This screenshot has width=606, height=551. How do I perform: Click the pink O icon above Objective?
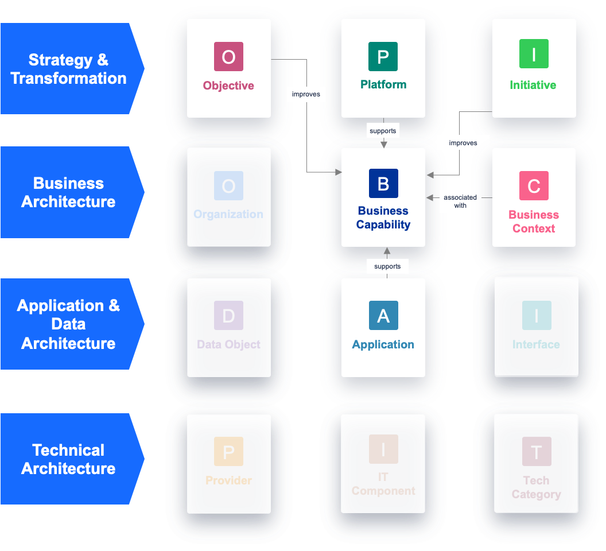click(228, 56)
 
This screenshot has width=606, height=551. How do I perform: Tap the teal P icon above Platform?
click(383, 56)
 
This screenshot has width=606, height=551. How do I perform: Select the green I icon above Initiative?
click(534, 54)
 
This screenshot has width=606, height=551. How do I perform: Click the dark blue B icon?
click(383, 184)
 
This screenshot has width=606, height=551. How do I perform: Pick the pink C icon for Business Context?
click(534, 185)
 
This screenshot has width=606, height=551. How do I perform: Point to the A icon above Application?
click(383, 315)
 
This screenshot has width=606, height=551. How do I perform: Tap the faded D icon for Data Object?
click(228, 315)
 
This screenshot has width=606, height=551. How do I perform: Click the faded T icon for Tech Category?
click(537, 451)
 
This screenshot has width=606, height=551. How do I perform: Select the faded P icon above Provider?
click(228, 451)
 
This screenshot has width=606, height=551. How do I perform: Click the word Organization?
click(228, 214)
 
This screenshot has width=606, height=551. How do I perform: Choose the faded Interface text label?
click(536, 344)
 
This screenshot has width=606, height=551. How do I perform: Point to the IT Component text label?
click(383, 484)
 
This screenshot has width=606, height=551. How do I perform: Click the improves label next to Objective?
click(306, 94)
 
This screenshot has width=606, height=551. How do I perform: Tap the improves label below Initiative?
click(463, 142)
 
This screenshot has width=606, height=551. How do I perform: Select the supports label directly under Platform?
click(383, 131)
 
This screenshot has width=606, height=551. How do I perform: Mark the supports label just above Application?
click(387, 266)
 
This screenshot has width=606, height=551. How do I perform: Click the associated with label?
click(460, 201)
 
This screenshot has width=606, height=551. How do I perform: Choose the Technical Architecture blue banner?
click(69, 459)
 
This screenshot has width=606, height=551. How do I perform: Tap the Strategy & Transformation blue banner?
click(69, 69)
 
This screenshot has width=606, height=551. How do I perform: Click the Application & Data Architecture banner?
click(69, 324)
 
